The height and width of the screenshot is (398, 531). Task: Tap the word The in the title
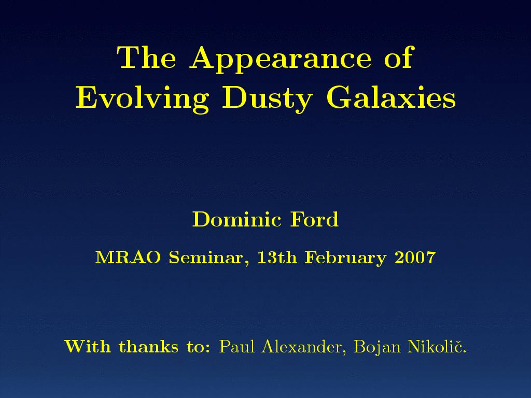pyautogui.click(x=146, y=57)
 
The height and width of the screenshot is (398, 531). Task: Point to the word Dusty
pyautogui.click(x=267, y=98)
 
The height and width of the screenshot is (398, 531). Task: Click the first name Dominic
pyautogui.click(x=236, y=219)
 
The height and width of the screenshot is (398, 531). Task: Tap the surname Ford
pyautogui.click(x=314, y=219)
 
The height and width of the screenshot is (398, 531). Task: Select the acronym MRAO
pyautogui.click(x=128, y=258)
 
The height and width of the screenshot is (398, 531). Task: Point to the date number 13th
pyautogui.click(x=277, y=258)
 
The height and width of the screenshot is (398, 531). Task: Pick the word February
pyautogui.click(x=345, y=259)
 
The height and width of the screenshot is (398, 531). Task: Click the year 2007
pyautogui.click(x=415, y=258)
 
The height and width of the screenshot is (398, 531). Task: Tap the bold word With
pyautogui.click(x=88, y=346)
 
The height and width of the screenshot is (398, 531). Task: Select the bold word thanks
pyautogui.click(x=148, y=346)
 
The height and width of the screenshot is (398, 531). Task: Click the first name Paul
pyautogui.click(x=236, y=346)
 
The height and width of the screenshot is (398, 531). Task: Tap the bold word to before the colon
pyautogui.click(x=194, y=347)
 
